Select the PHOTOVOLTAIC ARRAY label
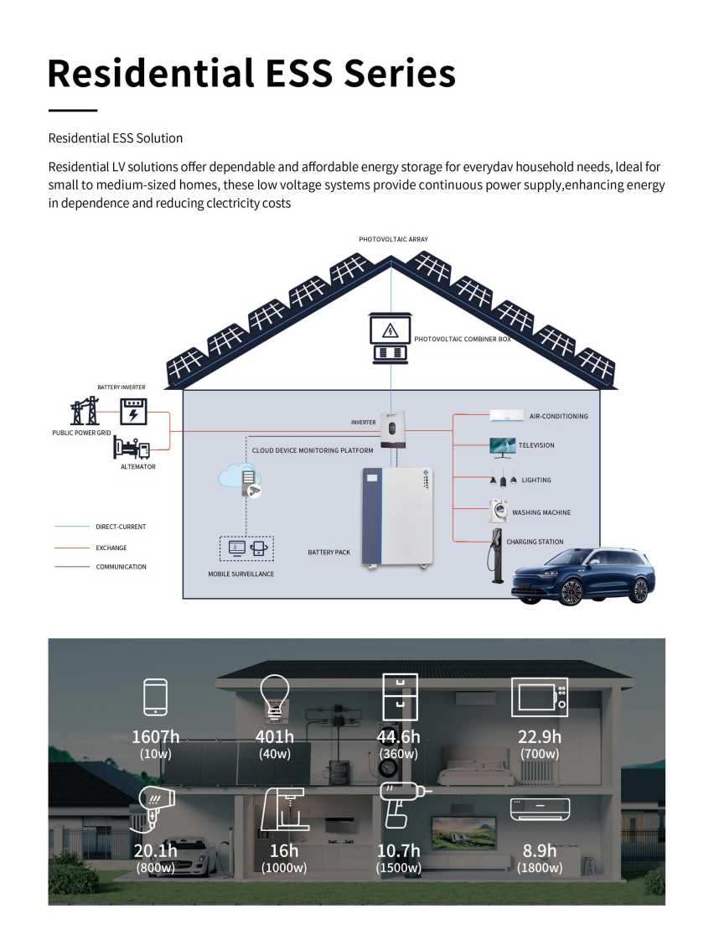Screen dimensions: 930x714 pos(393,240)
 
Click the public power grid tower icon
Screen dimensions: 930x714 pos(84,412)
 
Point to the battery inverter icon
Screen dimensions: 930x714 pos(132,412)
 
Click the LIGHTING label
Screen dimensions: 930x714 pos(536,481)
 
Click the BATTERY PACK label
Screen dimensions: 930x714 pos(329,553)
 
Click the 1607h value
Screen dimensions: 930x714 pos(156,737)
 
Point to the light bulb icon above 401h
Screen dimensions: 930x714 pos(273,696)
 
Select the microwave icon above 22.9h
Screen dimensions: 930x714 pos(539,697)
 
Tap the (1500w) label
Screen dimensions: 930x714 pos(398,868)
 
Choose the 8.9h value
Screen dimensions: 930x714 pos(540,851)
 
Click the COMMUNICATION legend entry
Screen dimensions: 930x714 pos(121,567)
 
